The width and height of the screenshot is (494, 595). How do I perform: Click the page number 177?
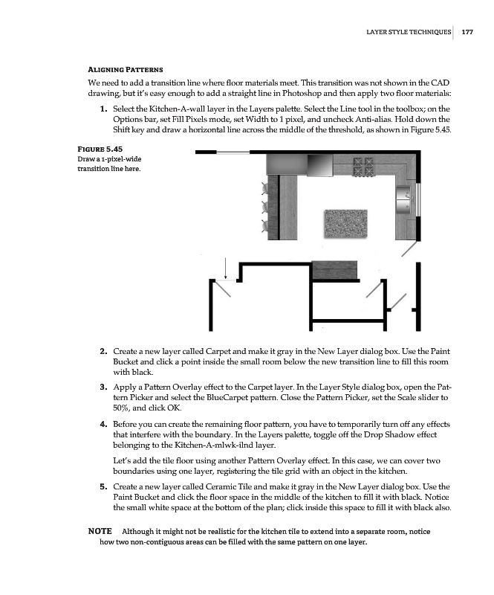467,32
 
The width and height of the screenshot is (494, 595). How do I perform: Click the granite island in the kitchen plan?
347,222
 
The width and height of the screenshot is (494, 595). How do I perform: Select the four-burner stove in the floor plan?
365,164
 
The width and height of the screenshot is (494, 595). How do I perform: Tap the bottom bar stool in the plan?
266,225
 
